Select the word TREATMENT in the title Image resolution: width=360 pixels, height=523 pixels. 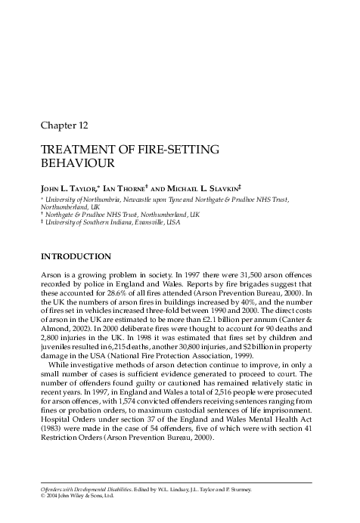79,150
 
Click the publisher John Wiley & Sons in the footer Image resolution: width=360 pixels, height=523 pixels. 75,495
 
